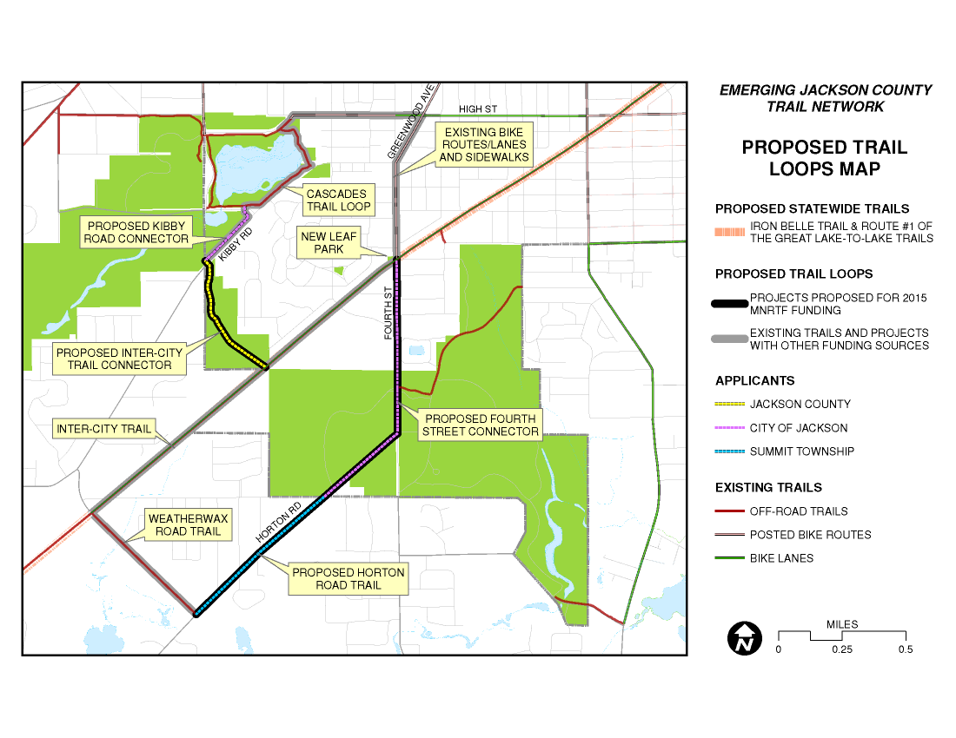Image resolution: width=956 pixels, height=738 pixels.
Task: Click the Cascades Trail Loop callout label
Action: click(337, 200)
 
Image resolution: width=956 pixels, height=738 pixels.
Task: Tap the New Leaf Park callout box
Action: click(322, 242)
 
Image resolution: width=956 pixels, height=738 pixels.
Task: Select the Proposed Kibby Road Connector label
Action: click(136, 232)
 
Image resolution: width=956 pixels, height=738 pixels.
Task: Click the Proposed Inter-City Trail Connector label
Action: click(119, 359)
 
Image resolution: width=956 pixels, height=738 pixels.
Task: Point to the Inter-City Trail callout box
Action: click(104, 429)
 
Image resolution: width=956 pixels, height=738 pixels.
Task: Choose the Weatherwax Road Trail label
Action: click(188, 524)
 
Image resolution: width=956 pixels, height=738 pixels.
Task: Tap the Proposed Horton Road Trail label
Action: click(348, 579)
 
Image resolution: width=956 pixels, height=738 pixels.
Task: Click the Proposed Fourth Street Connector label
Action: click(481, 425)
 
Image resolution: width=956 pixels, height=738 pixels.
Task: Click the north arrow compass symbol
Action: click(743, 638)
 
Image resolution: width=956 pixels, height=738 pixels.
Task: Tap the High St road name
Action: click(477, 109)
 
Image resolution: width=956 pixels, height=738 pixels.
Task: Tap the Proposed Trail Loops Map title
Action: click(824, 158)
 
